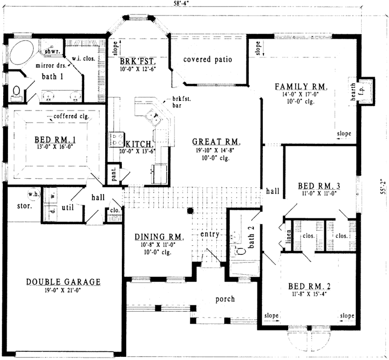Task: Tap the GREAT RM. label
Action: pos(216,142)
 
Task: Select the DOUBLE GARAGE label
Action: pos(63,282)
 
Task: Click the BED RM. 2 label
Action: pos(308,286)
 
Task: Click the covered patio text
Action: pos(208,59)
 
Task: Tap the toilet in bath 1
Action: pos(17,92)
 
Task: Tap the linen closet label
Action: pos(288,241)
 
